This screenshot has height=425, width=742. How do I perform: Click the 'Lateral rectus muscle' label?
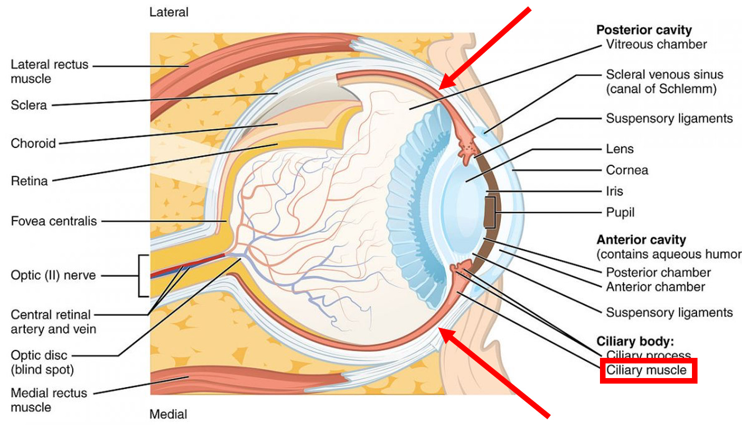point(49,71)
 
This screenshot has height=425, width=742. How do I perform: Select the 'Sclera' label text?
point(29,105)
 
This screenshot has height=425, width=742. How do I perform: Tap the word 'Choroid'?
point(33,143)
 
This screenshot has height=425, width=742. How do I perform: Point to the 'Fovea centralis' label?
point(54,221)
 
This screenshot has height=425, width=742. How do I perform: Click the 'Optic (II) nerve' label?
point(53,275)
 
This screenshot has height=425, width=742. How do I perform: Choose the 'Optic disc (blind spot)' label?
point(42,362)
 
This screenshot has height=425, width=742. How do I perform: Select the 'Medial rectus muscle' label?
point(49,400)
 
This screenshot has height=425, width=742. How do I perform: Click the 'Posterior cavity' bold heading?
point(644,30)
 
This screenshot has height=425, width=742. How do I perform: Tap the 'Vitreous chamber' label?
point(656,44)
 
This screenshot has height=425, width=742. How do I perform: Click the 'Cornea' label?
point(627,170)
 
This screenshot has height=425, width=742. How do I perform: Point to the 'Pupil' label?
point(620,212)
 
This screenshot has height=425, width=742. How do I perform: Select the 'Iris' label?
point(615,191)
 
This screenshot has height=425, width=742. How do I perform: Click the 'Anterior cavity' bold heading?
point(641,240)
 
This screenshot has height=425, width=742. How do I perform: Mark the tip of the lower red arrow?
point(439,329)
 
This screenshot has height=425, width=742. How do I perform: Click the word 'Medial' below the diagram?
point(168,414)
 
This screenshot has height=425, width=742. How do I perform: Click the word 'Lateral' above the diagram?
point(169,12)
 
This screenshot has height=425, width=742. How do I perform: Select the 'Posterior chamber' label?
point(658,273)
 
